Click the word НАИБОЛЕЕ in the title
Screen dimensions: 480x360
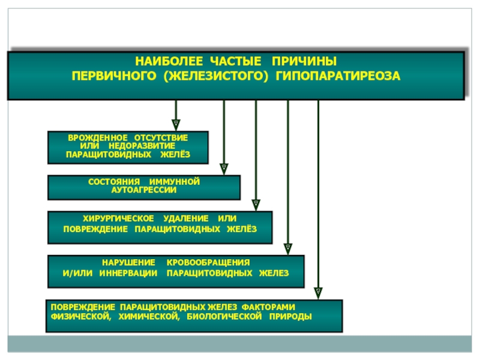169,61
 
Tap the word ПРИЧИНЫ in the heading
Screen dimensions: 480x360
304,61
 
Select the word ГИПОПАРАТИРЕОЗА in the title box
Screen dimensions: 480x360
338,76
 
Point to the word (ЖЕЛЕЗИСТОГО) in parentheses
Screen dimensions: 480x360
216,76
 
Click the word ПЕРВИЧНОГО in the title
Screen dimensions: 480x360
114,76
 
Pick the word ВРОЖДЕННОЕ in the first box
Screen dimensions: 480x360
98,138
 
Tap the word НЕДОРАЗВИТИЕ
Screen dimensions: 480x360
142,146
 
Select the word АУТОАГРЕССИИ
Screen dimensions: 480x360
144,190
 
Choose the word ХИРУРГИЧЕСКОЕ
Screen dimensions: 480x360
118,218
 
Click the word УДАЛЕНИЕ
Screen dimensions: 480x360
186,218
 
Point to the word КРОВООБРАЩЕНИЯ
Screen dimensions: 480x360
208,263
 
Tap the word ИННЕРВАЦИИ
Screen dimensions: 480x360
128,273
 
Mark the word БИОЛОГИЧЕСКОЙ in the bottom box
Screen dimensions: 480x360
224,316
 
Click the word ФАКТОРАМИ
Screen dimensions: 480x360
268,307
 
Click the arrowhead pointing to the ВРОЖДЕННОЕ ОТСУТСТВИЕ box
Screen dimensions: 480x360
176,125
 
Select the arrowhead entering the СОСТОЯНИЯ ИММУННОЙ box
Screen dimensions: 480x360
224,169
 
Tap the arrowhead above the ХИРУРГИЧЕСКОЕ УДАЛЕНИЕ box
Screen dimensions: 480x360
256,205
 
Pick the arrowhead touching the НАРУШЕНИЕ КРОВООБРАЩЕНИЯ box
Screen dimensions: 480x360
288,249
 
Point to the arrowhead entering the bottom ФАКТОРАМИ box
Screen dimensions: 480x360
319,293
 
